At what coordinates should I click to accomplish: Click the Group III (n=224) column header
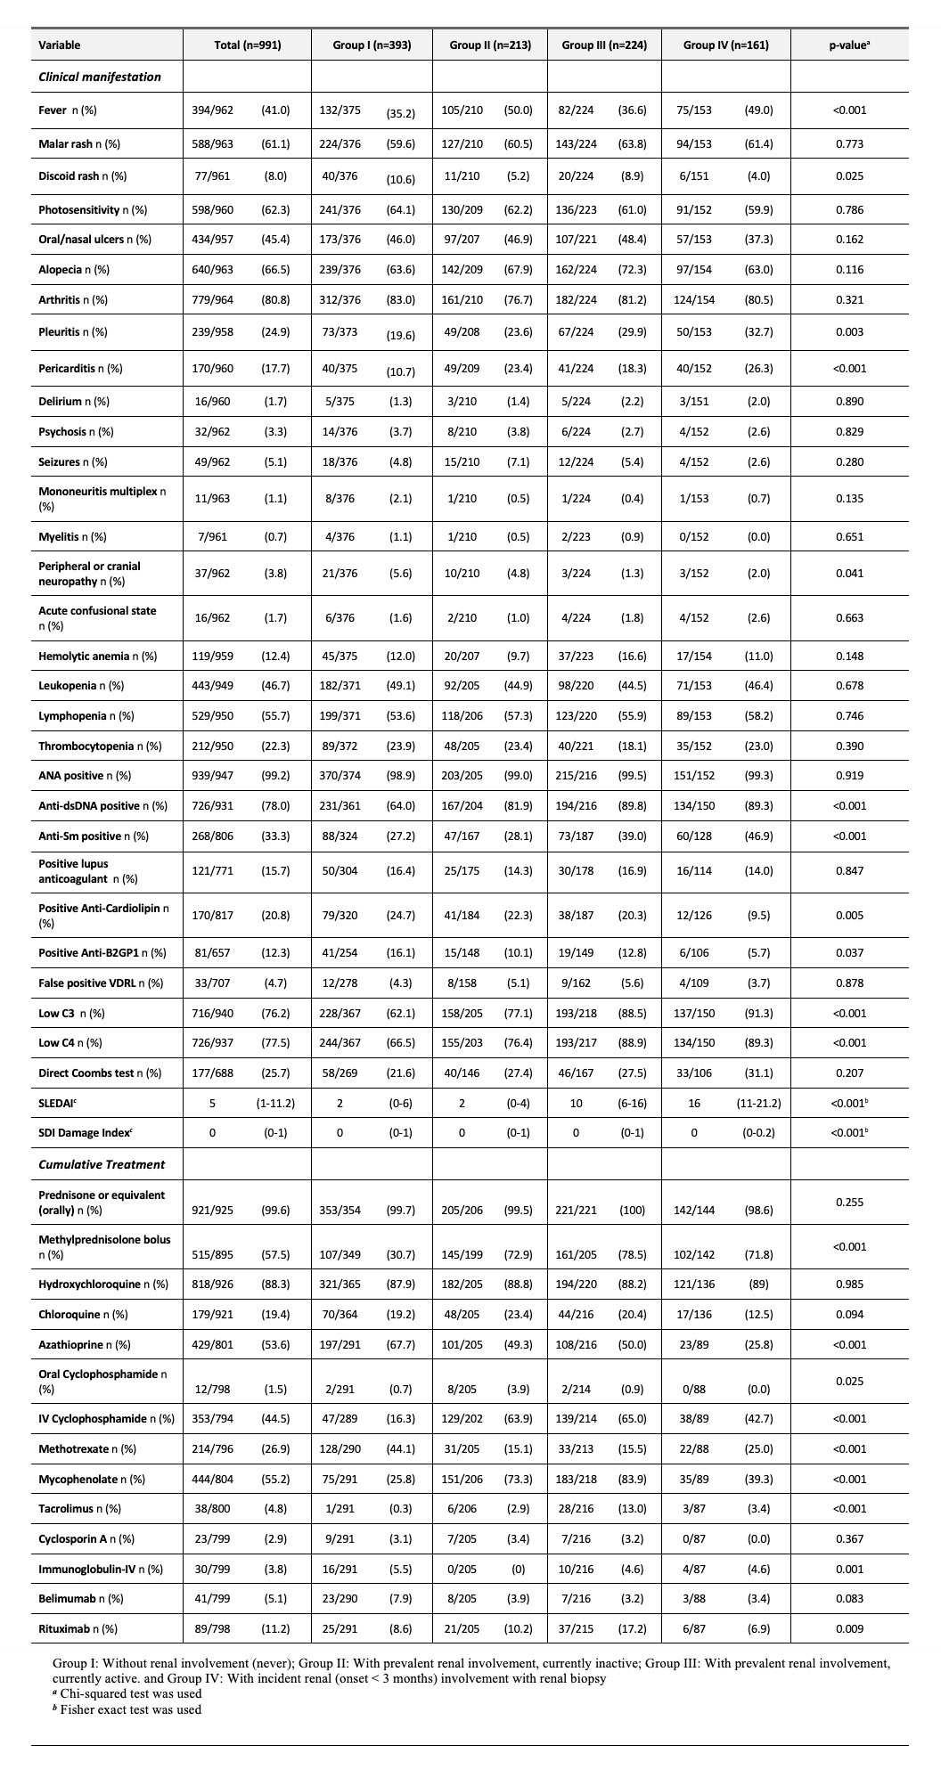click(604, 45)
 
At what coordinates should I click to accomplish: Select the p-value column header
click(848, 45)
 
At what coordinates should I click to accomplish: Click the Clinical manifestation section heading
click(100, 77)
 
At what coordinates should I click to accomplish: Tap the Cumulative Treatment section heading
click(102, 1164)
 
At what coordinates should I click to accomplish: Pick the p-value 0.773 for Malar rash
click(848, 143)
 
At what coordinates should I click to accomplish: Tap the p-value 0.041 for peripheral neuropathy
click(848, 573)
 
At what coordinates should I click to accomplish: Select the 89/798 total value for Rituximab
click(212, 1628)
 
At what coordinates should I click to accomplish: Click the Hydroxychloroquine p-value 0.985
click(848, 1284)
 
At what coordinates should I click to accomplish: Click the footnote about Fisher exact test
click(127, 1709)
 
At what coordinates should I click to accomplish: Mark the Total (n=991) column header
click(248, 45)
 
